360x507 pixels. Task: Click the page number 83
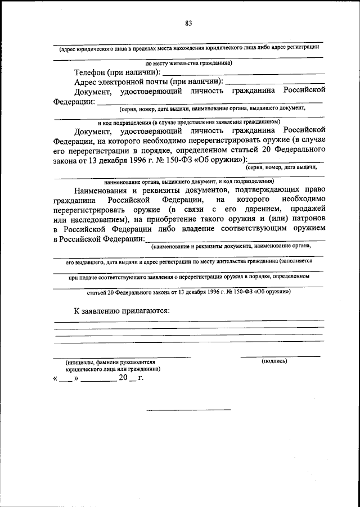pos(188,23)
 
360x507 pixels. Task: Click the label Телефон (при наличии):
pos(116,73)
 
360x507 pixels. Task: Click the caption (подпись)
pos(274,361)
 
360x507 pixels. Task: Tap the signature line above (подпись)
pos(280,356)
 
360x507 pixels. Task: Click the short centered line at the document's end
pos(188,409)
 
